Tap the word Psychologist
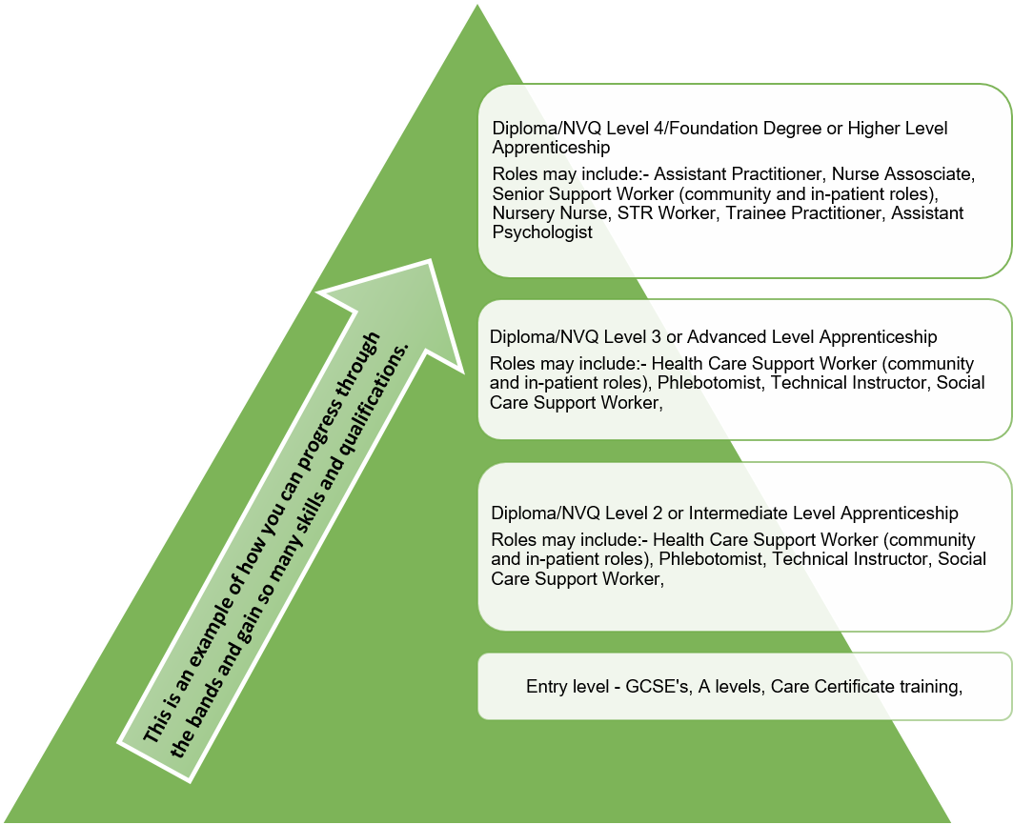click(x=542, y=231)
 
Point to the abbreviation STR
click(x=636, y=212)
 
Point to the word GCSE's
click(x=652, y=686)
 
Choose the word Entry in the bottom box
click(x=547, y=686)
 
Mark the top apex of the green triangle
click(x=477, y=4)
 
